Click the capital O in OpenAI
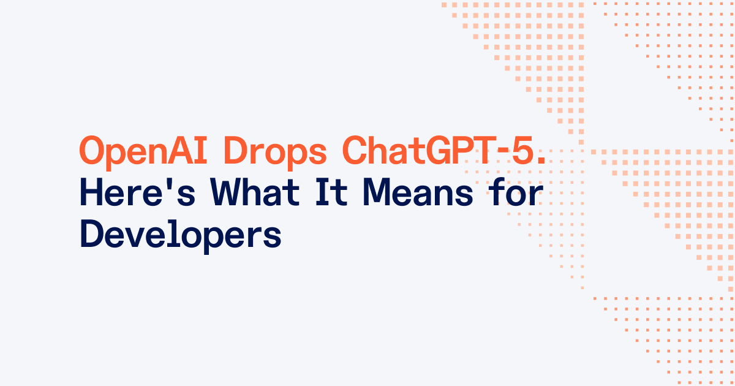coord(90,151)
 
